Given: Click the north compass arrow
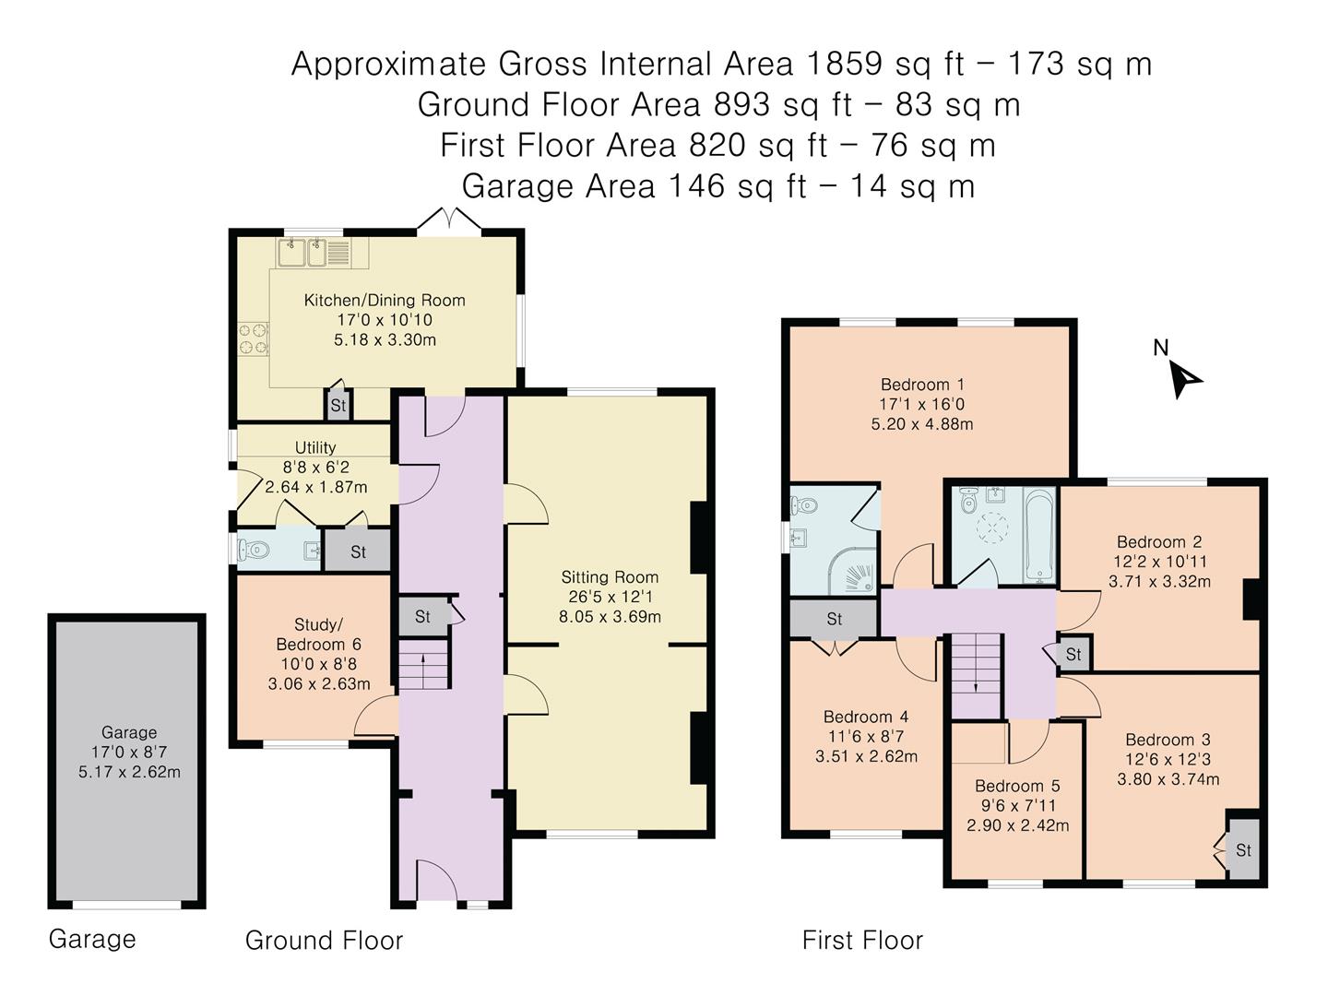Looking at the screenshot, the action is click(1184, 380).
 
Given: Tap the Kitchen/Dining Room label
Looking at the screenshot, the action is click(385, 301).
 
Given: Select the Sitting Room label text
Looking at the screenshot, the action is click(610, 577).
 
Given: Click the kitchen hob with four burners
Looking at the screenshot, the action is click(254, 338).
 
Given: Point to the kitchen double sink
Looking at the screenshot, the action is click(314, 254).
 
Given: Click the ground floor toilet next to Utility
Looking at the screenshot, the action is click(253, 550).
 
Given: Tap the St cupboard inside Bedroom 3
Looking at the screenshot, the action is click(1242, 849).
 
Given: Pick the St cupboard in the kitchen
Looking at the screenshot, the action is click(338, 404).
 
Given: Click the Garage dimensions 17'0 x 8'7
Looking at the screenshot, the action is click(129, 753).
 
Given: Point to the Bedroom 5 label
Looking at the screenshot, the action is click(1017, 786).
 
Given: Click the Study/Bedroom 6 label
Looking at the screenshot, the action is click(318, 634).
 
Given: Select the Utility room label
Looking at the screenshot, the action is click(315, 447).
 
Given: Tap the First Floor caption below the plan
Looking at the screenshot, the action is click(862, 941).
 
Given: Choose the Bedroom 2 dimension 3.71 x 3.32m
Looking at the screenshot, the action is click(1159, 581).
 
